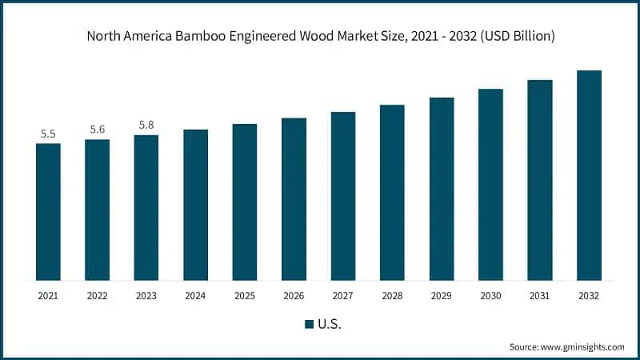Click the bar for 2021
point(48,212)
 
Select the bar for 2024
point(195,205)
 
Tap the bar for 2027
point(343,196)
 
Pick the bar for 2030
point(490,185)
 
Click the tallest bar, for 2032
point(589,175)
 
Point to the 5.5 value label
point(48,134)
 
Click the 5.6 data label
point(98,130)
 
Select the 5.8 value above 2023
point(146,125)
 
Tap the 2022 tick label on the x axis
point(98,296)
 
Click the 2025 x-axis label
point(245,296)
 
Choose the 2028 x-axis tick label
point(392,296)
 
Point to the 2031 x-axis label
point(540,296)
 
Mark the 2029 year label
point(442,296)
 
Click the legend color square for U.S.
point(310,325)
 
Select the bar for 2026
point(294,199)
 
